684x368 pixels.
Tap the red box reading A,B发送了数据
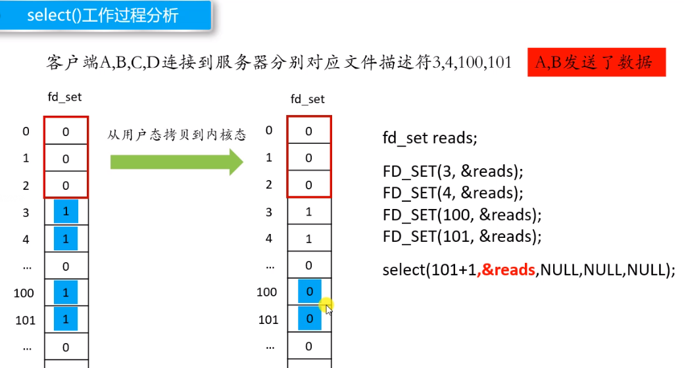[x=596, y=62]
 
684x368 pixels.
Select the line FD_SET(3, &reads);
[x=452, y=172]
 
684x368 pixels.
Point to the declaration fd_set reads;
[x=429, y=138]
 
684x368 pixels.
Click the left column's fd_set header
[x=64, y=97]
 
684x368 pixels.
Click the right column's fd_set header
[x=308, y=99]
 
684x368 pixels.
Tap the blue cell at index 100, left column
[x=66, y=292]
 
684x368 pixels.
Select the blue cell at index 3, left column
[x=66, y=212]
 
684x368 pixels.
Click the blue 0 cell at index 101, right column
[x=309, y=319]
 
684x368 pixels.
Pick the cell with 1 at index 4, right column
[x=309, y=239]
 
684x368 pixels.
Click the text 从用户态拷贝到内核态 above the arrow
[x=177, y=135]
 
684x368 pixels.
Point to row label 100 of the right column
[x=266, y=292]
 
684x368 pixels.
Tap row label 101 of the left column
[x=24, y=319]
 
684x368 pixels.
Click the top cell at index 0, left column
[x=66, y=131]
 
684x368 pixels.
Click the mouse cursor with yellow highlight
[x=327, y=306]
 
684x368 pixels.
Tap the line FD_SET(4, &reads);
[x=452, y=193]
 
